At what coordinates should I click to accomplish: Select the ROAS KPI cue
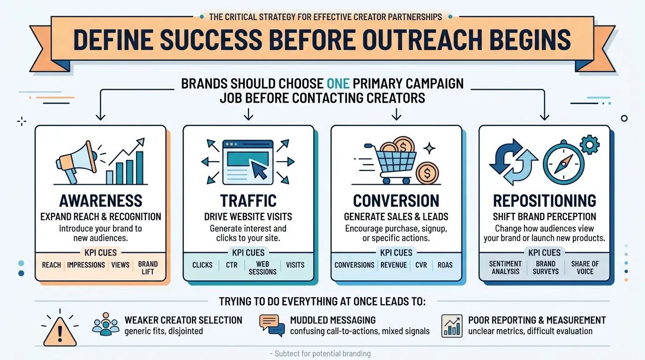(x=445, y=265)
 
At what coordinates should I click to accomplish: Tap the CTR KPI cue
(x=232, y=265)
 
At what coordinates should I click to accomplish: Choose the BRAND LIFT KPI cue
(x=148, y=268)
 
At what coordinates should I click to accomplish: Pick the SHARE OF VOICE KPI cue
(x=585, y=268)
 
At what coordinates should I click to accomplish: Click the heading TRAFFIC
(x=248, y=201)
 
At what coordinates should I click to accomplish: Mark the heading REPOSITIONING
(x=544, y=201)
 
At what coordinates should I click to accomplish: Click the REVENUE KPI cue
(x=394, y=265)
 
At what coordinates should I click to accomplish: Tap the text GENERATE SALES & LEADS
(x=396, y=217)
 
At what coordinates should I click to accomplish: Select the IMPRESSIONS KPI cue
(x=86, y=265)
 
